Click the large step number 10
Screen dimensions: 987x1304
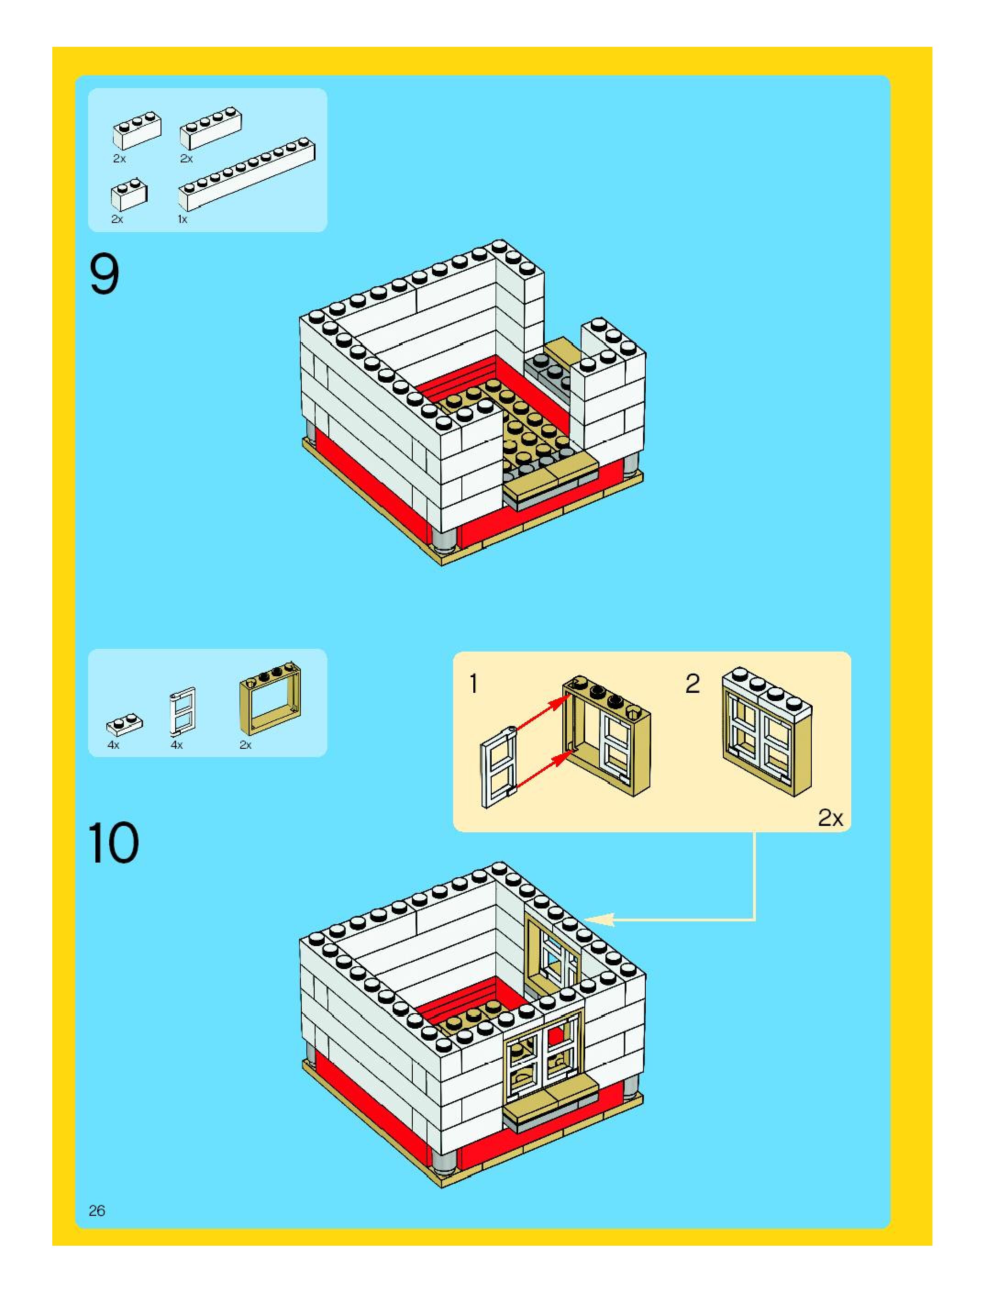[x=113, y=842]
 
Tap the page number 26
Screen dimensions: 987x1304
[x=97, y=1210]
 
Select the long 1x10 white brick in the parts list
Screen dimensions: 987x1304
[x=246, y=174]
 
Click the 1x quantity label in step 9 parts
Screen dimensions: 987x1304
[x=183, y=219]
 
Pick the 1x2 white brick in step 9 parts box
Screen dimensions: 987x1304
[x=129, y=193]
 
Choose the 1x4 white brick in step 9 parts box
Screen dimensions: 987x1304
[x=211, y=128]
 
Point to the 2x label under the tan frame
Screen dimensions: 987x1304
[x=245, y=745]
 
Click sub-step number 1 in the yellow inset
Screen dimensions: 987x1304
[x=473, y=684]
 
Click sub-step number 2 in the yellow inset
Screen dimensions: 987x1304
[x=693, y=684]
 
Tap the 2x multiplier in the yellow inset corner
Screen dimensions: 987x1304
[x=830, y=818]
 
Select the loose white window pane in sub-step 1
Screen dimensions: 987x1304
[x=499, y=766]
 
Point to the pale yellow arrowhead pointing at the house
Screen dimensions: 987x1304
[x=600, y=919]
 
